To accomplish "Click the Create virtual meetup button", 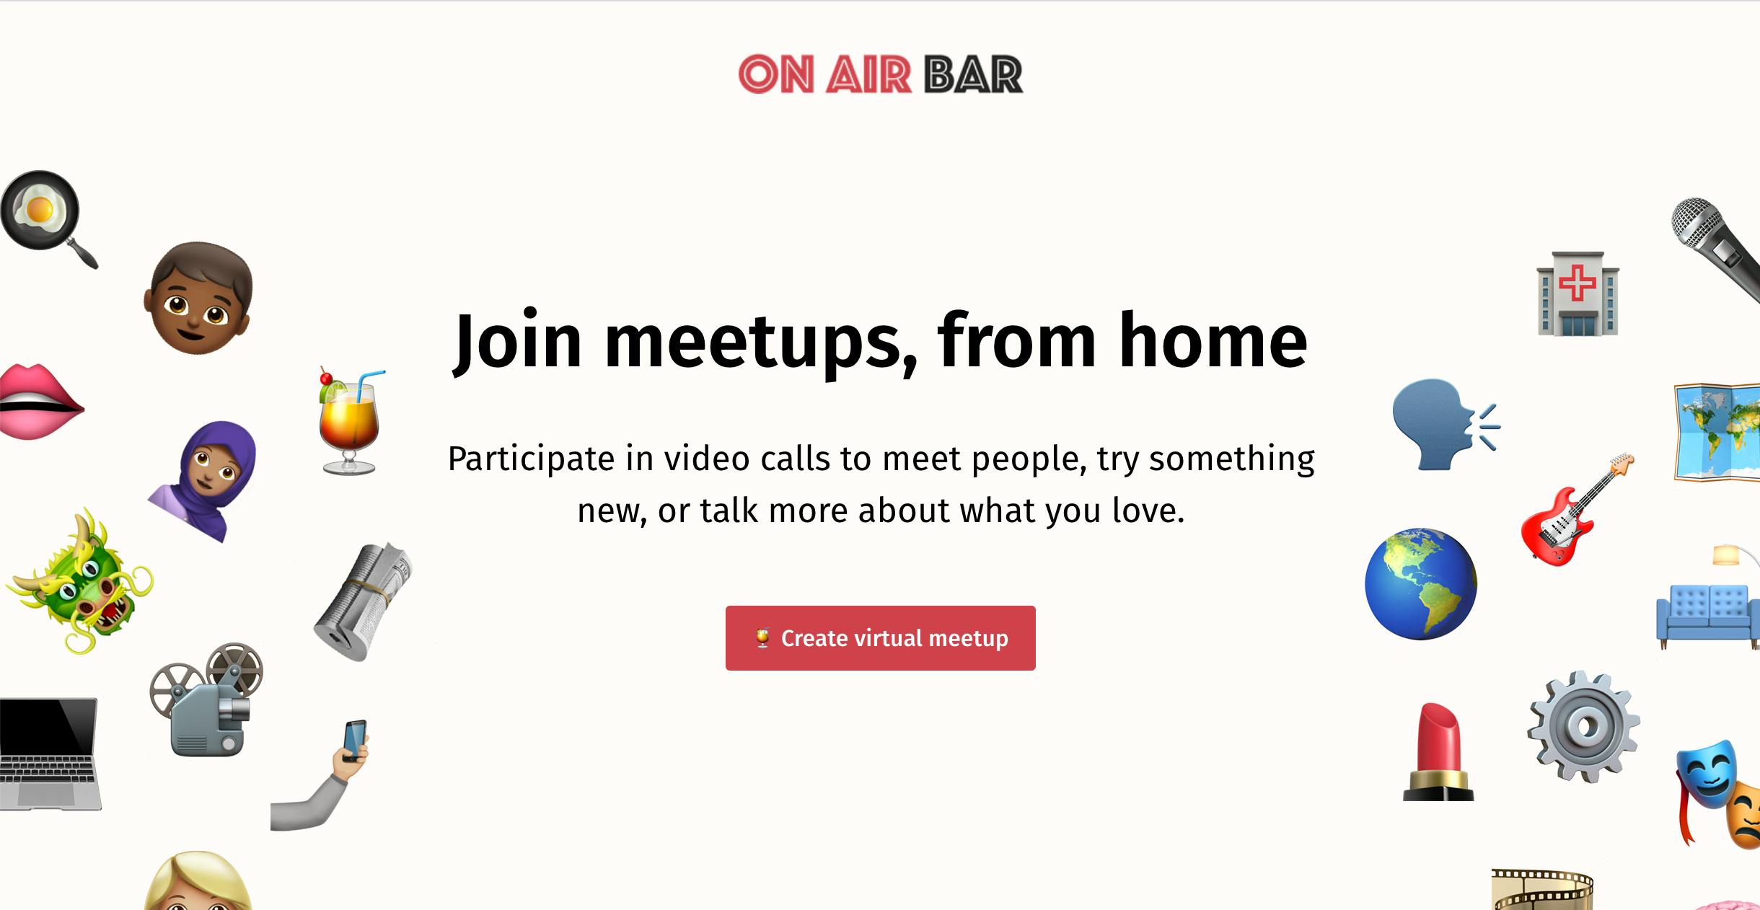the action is coord(880,638).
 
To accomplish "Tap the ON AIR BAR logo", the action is coord(880,74).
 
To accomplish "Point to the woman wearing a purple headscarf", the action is coord(206,480).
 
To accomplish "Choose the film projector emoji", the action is coord(206,699).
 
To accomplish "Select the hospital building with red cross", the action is coord(1578,293).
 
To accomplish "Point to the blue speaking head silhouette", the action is coord(1443,425).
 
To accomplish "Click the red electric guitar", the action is coord(1577,510).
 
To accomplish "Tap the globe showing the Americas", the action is coord(1421,584).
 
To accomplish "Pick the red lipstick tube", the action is coord(1438,752).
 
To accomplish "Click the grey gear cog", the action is coord(1583,727).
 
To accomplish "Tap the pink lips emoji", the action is coord(42,402).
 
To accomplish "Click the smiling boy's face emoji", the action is coord(199,298).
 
